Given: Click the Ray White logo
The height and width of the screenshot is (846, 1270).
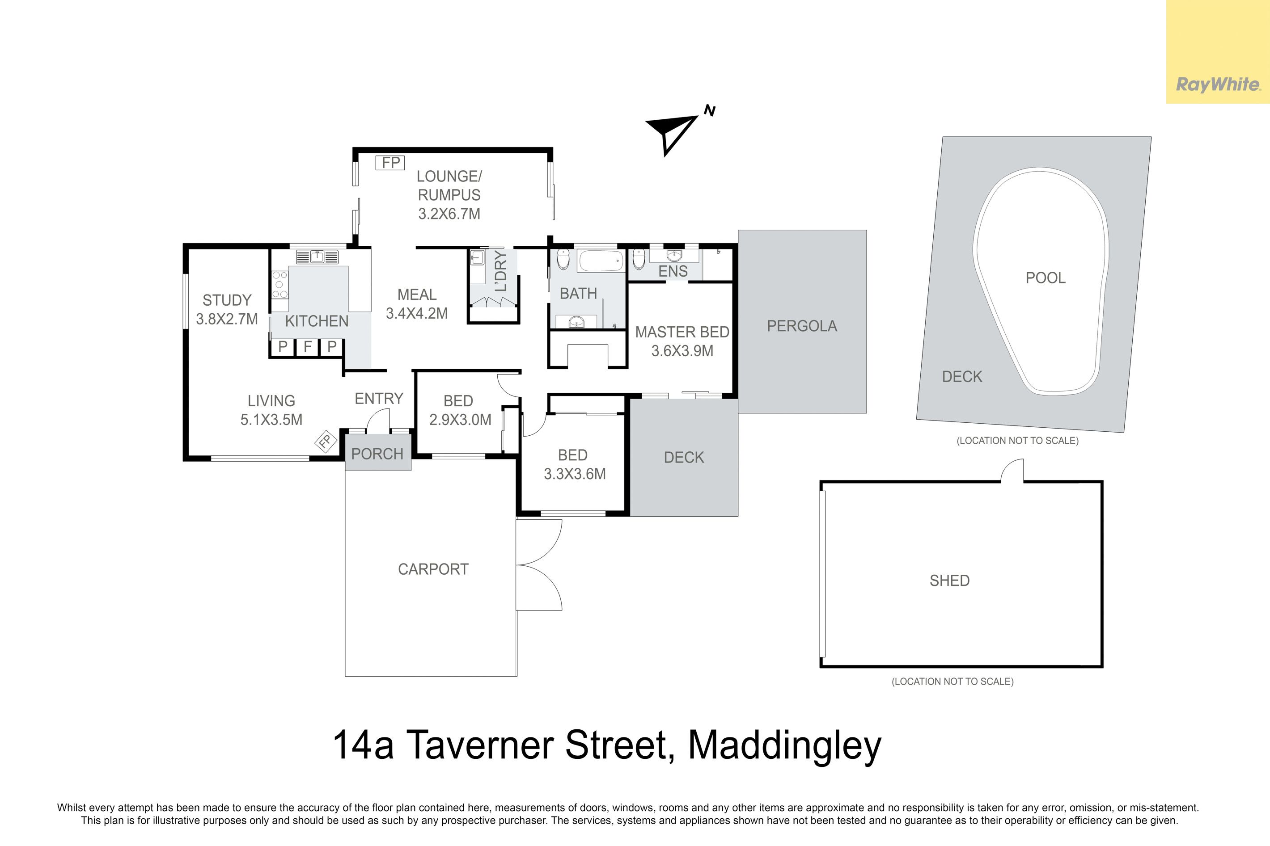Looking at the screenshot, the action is click(x=1218, y=85).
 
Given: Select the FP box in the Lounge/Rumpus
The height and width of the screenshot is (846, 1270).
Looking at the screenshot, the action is click(x=390, y=162).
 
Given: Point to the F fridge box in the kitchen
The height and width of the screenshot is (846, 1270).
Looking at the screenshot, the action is click(x=308, y=346).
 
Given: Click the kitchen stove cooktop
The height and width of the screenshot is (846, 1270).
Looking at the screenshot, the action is click(x=279, y=284).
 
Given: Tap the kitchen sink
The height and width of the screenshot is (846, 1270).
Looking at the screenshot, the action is click(x=317, y=257).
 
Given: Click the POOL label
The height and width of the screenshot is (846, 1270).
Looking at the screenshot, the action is click(x=1046, y=278).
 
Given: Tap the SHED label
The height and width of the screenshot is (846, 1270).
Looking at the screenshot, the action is click(x=949, y=581).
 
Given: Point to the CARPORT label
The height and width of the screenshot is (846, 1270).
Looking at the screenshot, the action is click(x=433, y=569).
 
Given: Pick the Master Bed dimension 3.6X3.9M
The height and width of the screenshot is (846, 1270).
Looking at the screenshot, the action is click(x=682, y=351).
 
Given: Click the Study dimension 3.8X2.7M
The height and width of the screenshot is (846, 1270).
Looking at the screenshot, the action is click(x=227, y=319).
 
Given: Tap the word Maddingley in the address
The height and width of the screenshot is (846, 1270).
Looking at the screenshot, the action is click(x=785, y=746).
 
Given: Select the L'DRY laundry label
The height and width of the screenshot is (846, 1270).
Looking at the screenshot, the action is click(x=501, y=271).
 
